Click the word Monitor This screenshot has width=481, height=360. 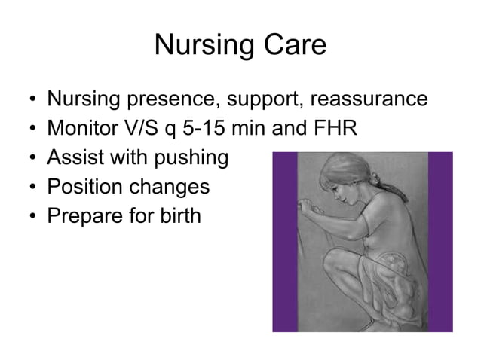(x=79, y=129)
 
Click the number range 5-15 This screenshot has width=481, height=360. (x=201, y=129)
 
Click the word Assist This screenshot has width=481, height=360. (x=74, y=158)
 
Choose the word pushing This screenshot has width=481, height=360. (x=190, y=158)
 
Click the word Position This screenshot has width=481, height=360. (x=81, y=187)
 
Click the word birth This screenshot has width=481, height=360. (x=180, y=216)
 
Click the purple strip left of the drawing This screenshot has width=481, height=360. (x=284, y=241)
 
